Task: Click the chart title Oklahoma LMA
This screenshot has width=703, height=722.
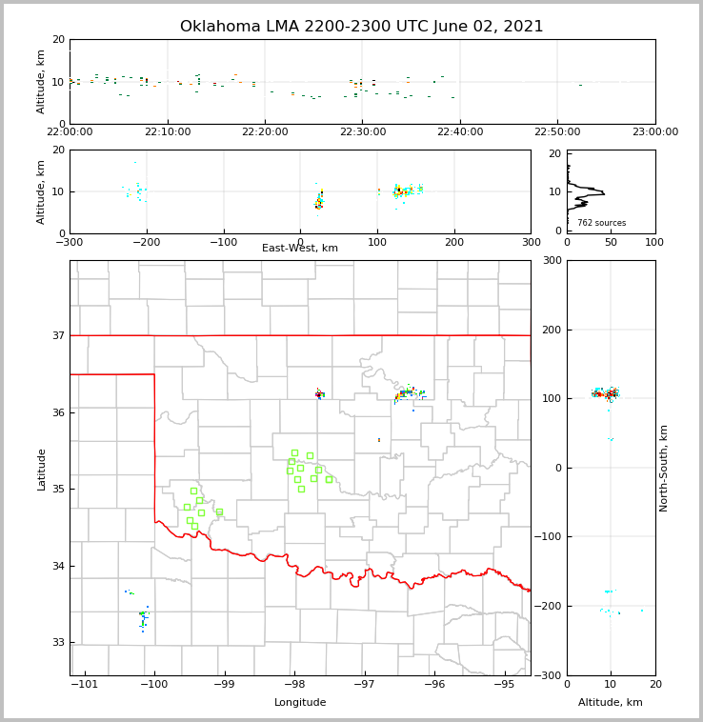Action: [x=361, y=27]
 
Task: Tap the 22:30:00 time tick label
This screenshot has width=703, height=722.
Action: [x=363, y=132]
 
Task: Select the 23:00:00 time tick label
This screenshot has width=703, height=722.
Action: [x=655, y=132]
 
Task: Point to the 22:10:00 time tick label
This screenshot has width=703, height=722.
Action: [x=168, y=132]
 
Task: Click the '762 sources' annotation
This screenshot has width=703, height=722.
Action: [x=601, y=223]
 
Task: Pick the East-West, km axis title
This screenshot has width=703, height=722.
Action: [x=300, y=249]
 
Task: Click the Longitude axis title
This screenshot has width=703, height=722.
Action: [x=300, y=703]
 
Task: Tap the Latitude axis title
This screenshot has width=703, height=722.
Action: [x=42, y=469]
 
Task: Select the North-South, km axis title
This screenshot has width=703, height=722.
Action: [x=663, y=468]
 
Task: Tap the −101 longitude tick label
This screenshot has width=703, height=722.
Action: [x=85, y=685]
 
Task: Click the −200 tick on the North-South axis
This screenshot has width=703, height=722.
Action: [x=548, y=606]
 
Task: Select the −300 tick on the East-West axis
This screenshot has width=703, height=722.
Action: [x=70, y=242]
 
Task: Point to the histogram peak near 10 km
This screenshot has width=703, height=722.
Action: [x=602, y=194]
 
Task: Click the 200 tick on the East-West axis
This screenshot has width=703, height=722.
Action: [x=454, y=242]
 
